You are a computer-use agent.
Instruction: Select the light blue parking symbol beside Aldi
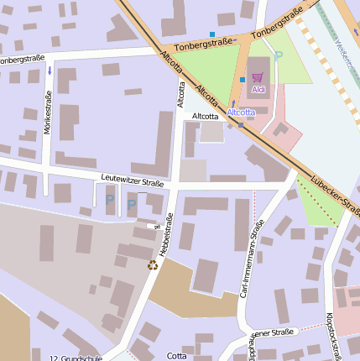pyautogui.click(x=279, y=55)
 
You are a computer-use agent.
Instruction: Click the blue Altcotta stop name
pyautogui.click(x=242, y=112)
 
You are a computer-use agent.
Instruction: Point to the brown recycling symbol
pyautogui.click(x=153, y=264)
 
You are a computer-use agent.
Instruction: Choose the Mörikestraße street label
pyautogui.click(x=48, y=120)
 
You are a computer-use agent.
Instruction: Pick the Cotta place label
pyautogui.click(x=177, y=355)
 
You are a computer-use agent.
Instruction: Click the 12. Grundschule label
pyautogui.click(x=75, y=358)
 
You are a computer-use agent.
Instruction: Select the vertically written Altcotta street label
pyautogui.click(x=180, y=93)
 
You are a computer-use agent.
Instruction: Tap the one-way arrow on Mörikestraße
pyautogui.click(x=50, y=71)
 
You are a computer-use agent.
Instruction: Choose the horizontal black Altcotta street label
pyautogui.click(x=206, y=116)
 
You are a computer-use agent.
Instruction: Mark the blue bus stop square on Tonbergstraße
pyautogui.click(x=212, y=34)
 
